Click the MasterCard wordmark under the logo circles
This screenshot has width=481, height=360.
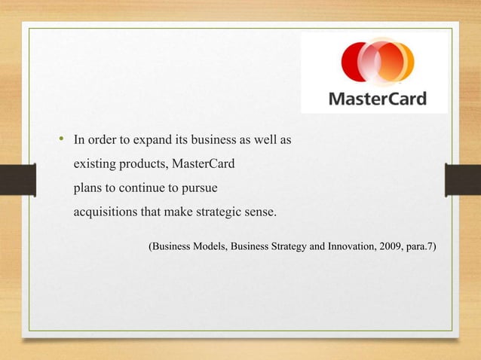coord(377,99)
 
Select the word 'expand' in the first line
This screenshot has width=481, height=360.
coord(139,140)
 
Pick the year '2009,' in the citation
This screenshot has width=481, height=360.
coord(391,246)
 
